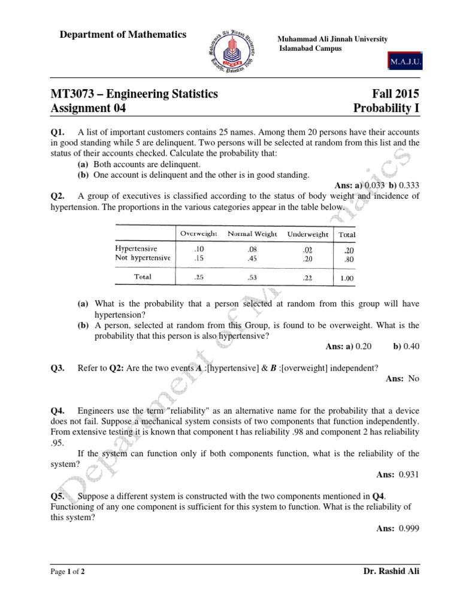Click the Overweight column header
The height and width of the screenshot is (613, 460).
(199, 233)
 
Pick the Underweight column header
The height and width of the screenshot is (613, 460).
(308, 234)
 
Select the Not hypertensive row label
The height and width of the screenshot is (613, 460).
(143, 258)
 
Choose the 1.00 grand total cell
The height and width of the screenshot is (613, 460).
(346, 278)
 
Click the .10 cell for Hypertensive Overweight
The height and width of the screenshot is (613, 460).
(198, 248)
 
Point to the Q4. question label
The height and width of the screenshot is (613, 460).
(57, 411)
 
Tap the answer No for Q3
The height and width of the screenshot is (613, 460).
(414, 379)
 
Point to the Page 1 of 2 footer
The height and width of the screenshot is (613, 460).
(67, 572)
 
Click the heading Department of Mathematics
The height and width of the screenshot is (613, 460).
(123, 35)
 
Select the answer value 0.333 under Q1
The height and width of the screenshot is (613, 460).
(407, 186)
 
